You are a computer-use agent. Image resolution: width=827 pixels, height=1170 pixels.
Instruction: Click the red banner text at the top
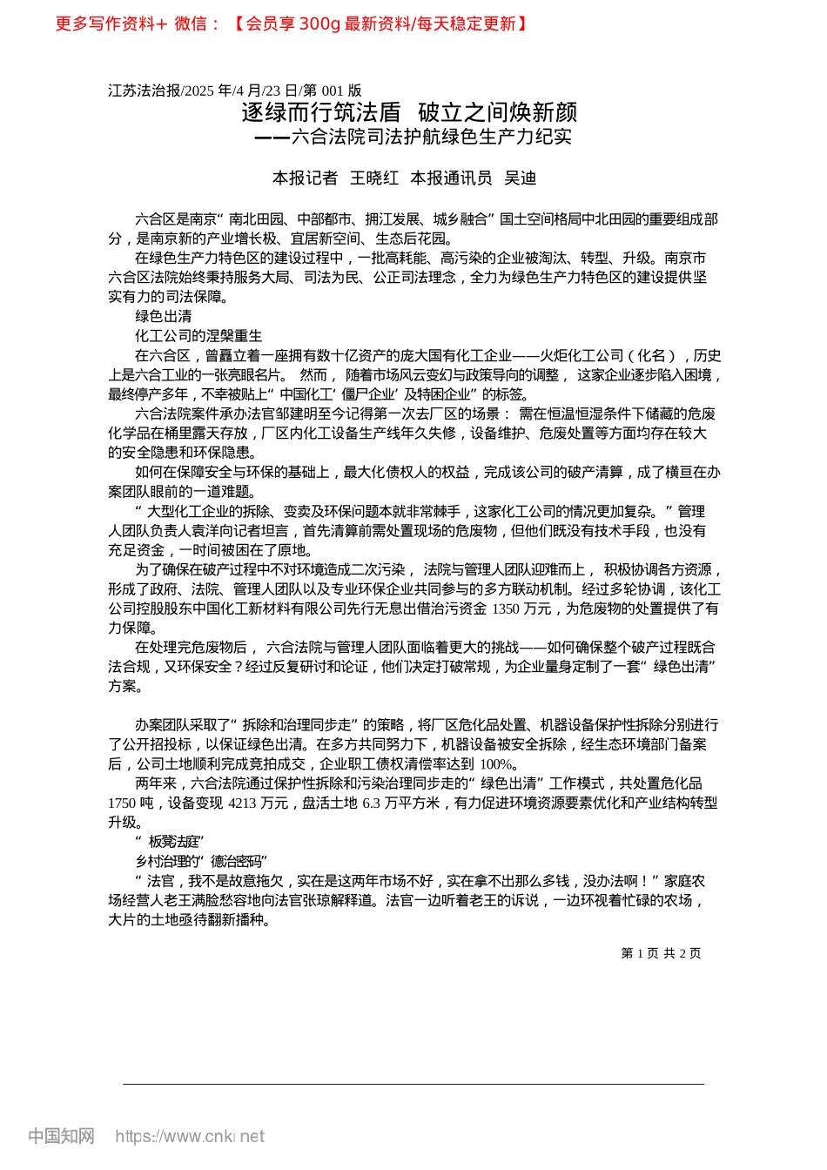tap(292, 24)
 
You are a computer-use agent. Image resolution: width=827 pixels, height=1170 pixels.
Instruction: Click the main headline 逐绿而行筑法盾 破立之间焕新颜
tap(409, 112)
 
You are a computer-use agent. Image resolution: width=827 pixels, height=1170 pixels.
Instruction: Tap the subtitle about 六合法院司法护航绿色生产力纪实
tap(413, 137)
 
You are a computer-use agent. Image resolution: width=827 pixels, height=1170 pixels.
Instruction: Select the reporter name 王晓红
tap(374, 178)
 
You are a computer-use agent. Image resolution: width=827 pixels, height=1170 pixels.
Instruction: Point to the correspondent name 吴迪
tap(521, 178)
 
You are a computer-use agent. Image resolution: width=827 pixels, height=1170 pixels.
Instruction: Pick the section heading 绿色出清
tap(164, 316)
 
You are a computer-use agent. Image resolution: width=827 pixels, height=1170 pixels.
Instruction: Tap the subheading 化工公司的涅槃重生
tap(198, 336)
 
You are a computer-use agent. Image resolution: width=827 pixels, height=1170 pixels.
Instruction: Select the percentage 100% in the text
tap(497, 764)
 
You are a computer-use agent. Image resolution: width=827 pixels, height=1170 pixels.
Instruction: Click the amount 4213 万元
tap(258, 803)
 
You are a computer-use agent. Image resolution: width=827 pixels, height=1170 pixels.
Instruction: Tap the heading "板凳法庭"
tap(171, 842)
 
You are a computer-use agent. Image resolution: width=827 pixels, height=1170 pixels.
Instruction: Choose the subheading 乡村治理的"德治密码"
tap(201, 861)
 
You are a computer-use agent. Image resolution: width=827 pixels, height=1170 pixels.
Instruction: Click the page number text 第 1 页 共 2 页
tap(661, 953)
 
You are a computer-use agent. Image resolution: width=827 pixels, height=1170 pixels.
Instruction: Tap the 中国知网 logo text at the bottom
tap(61, 1136)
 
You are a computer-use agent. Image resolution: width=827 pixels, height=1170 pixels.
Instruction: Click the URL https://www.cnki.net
tap(190, 1136)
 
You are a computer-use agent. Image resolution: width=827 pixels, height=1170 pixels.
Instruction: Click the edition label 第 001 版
tap(332, 91)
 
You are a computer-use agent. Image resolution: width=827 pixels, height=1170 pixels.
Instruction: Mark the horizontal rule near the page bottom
tap(413, 1084)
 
